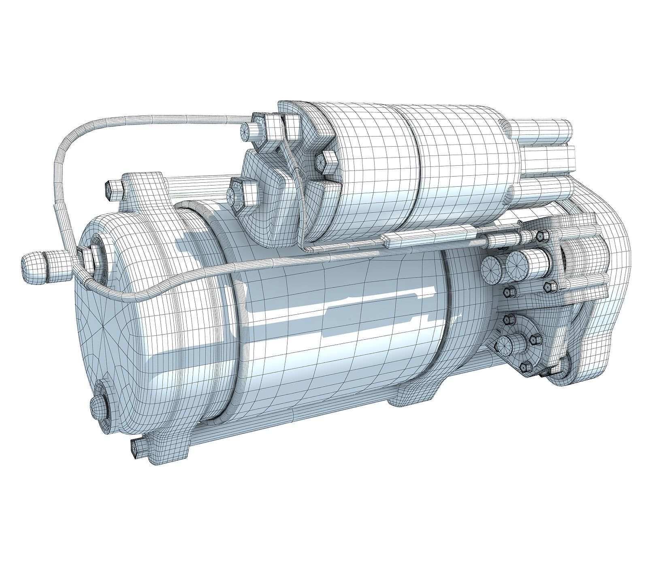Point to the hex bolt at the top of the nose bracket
point(541,235)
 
